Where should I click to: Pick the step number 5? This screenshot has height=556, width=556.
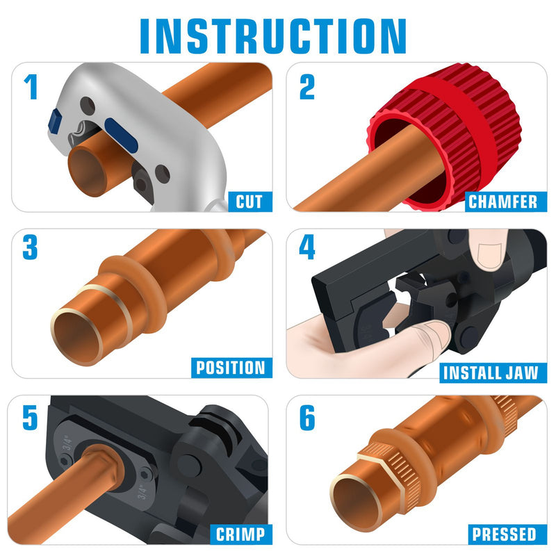click(31, 416)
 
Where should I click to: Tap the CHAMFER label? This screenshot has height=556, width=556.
click(502, 202)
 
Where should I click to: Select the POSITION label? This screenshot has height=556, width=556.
click(230, 368)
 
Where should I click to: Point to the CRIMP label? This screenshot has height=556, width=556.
click(240, 534)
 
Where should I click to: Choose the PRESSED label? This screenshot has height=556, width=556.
click(504, 534)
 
